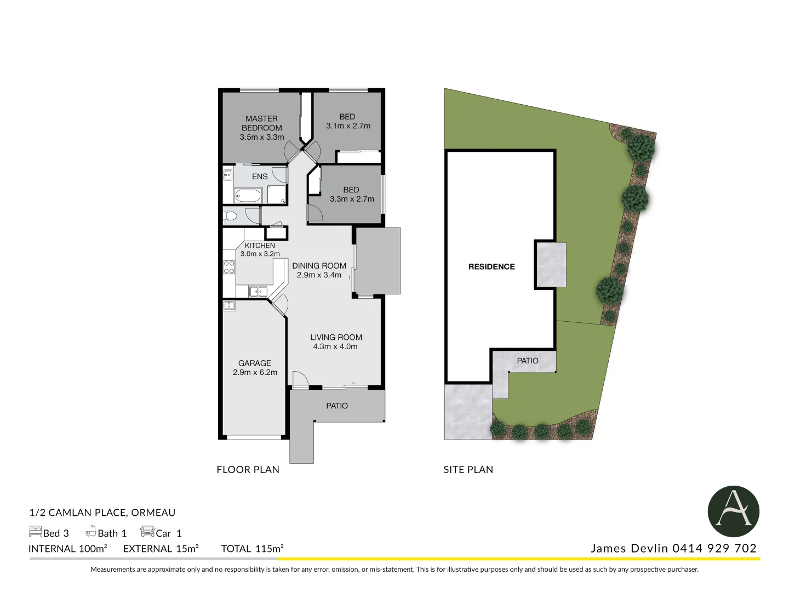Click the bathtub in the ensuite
(x=248, y=195)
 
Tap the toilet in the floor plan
(x=229, y=215)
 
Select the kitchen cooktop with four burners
(x=229, y=267)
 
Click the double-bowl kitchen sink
(x=258, y=291)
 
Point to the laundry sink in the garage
(x=229, y=305)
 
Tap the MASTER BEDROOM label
(x=262, y=123)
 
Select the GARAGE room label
(x=255, y=363)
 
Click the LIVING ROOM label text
(x=336, y=338)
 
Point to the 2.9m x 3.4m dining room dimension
(x=319, y=275)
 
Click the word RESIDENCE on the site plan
(x=491, y=267)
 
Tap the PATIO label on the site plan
(x=528, y=361)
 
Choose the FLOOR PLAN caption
(x=248, y=470)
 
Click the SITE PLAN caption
(x=468, y=470)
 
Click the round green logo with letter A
(x=733, y=511)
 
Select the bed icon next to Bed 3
(x=36, y=532)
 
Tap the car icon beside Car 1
(x=147, y=532)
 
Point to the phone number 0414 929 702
(x=714, y=548)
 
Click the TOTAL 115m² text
(x=253, y=549)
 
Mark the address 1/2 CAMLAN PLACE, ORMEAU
(x=102, y=513)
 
